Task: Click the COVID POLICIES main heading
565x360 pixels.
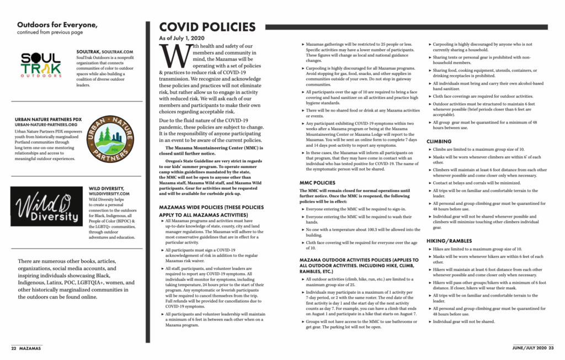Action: click(207, 28)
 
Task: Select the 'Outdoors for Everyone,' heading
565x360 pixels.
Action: click(57, 25)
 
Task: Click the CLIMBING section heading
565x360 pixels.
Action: click(439, 141)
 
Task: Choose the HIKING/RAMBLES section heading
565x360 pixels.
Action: click(449, 241)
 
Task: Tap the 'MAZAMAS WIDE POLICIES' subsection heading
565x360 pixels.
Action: click(207, 210)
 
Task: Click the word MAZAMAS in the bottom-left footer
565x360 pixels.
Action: click(30, 348)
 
